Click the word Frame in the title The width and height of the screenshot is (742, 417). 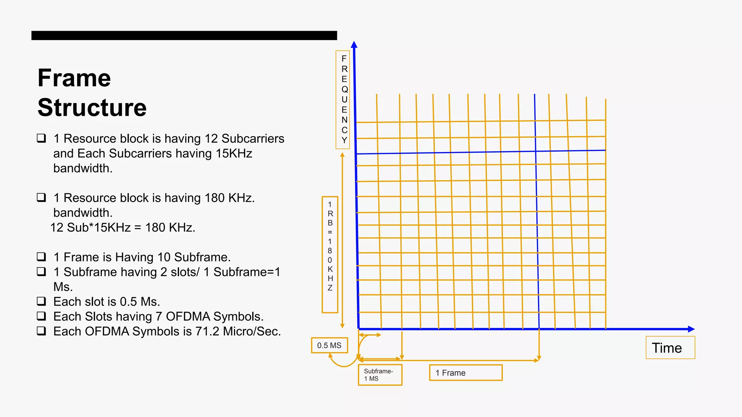[74, 78]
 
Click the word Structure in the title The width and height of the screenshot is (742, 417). [92, 108]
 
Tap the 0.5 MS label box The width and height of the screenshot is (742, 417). [329, 345]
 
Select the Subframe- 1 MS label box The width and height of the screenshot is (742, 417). [380, 375]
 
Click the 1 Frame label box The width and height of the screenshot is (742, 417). [466, 373]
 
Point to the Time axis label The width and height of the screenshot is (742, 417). [670, 348]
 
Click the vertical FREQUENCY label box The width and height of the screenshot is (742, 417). [343, 100]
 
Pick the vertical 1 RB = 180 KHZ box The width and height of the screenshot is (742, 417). [330, 254]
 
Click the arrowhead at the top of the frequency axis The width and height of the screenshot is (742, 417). [354, 45]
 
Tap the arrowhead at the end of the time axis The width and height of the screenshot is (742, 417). [691, 329]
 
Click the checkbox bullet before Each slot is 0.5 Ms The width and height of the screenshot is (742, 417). [41, 301]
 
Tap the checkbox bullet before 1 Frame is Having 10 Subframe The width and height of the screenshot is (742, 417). [41, 257]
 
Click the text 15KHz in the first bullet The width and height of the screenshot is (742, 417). [234, 154]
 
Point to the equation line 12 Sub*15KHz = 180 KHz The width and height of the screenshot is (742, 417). [123, 228]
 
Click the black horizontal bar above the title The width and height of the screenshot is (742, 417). [184, 35]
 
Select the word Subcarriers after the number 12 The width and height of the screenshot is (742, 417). [253, 139]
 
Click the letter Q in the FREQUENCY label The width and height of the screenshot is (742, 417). [345, 89]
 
